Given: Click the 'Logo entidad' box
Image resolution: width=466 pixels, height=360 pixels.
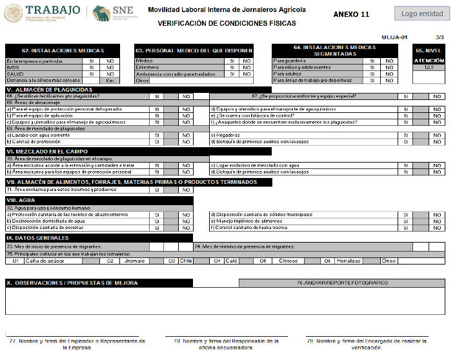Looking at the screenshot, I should click(422, 14).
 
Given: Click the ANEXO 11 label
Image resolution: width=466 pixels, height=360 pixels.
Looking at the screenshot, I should click(351, 14).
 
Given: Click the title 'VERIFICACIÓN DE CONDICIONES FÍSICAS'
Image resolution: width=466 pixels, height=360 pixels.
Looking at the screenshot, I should click(227, 23).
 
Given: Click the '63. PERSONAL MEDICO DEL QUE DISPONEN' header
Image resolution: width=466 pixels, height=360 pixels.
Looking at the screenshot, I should click(194, 50).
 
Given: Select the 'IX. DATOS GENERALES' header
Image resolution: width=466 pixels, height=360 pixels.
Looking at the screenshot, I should click(38, 238).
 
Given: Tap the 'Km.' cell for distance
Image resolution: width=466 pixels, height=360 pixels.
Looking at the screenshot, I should click(110, 81).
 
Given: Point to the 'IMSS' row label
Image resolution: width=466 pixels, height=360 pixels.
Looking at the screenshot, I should click(12, 67).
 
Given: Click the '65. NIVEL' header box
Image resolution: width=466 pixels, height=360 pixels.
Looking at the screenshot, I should click(429, 50).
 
